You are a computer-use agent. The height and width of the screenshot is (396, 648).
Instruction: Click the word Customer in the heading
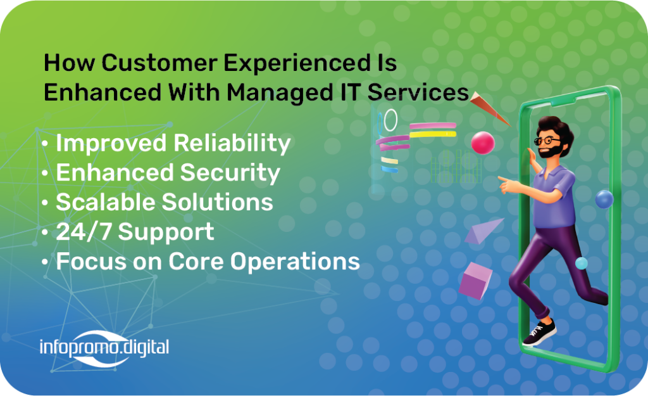pos(159,63)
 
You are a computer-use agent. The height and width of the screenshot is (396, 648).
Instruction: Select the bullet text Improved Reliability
pos(173,144)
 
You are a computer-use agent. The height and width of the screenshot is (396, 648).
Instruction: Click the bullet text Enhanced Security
pos(168,173)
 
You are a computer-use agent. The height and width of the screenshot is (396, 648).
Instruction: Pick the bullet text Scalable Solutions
pos(165,202)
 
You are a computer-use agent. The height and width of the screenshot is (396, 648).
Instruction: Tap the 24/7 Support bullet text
pos(135,232)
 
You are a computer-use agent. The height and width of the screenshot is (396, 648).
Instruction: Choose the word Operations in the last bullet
pos(295,262)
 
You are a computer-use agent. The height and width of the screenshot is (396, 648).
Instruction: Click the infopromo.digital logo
pos(104,348)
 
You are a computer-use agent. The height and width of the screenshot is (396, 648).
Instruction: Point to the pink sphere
pos(483,143)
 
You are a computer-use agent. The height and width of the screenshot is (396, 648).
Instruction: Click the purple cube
pos(476,281)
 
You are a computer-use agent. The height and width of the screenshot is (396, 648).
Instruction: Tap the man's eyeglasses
pos(547,140)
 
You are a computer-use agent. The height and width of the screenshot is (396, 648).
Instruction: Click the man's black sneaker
pos(539,332)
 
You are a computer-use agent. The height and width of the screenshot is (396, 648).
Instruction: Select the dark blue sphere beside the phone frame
pos(604,200)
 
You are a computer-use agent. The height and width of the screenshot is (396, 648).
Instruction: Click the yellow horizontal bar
pos(433,134)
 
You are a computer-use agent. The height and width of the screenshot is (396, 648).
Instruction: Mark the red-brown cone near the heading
pos(489,108)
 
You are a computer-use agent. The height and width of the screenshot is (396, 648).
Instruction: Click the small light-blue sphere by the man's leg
pos(582,263)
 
